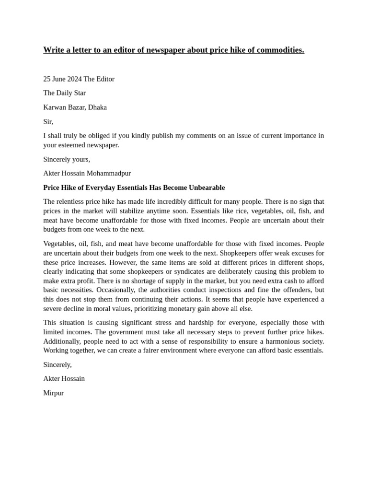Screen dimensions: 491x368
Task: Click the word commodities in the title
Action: [281, 50]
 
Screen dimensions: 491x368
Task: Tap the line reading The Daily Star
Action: [64, 93]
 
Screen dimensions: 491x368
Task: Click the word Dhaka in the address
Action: [97, 107]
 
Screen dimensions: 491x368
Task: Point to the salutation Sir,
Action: [48, 122]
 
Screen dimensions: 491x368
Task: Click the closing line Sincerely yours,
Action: [67, 159]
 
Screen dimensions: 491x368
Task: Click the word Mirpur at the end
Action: [53, 393]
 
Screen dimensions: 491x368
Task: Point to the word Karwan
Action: [55, 107]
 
